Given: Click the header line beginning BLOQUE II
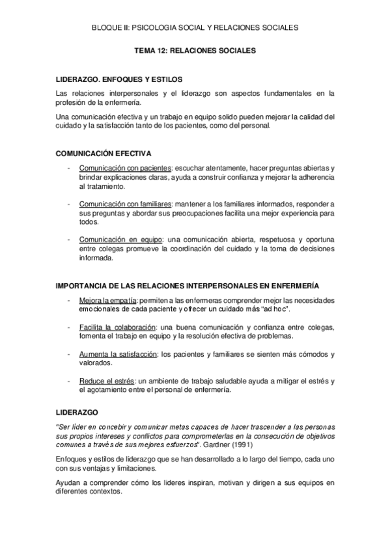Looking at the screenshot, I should (195, 27).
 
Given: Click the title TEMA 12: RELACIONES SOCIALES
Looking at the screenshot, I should (195, 49).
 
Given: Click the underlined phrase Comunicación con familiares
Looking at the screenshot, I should (124, 204).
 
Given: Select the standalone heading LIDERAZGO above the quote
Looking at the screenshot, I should (77, 413).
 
